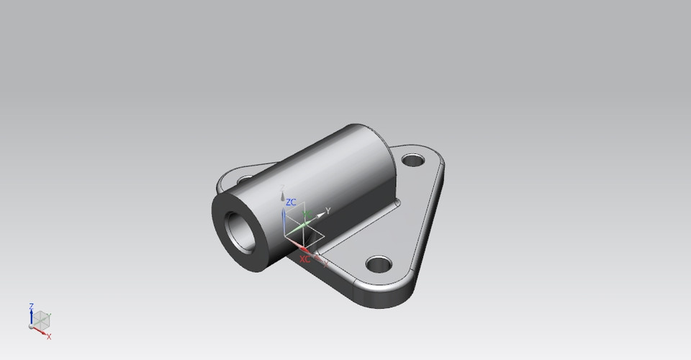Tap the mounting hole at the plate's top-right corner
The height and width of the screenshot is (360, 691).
click(x=413, y=160)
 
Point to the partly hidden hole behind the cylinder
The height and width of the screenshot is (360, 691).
click(x=243, y=176)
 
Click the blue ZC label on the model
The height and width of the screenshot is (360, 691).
click(x=292, y=202)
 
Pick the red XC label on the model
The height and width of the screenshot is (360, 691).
click(x=304, y=258)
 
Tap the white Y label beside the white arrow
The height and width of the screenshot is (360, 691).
click(x=328, y=210)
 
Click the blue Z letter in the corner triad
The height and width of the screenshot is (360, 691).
click(x=31, y=306)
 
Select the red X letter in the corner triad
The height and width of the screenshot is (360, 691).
click(x=49, y=336)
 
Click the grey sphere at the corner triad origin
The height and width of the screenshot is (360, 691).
click(x=32, y=326)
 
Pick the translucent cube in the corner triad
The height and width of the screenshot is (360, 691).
click(x=42, y=318)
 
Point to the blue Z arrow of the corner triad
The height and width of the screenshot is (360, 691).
click(x=32, y=316)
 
